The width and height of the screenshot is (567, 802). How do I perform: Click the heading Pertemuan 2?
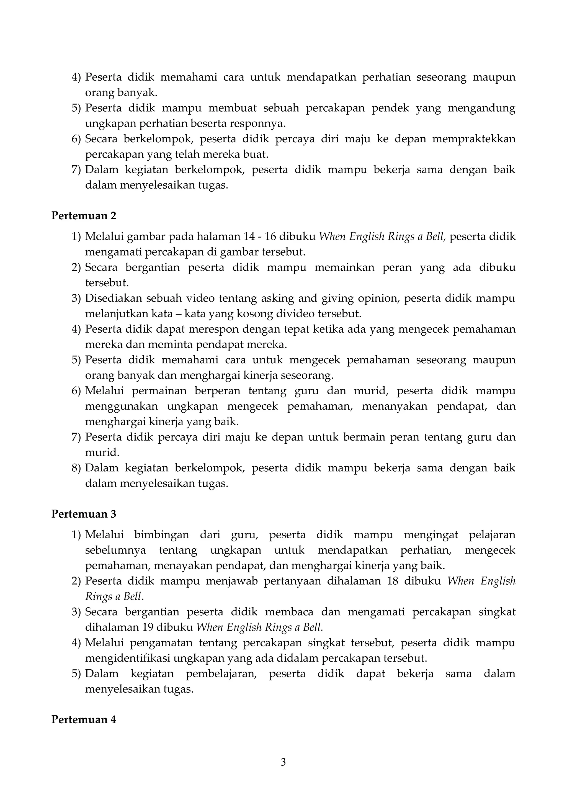point(84,216)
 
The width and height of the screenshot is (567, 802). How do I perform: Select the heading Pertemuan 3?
point(84,514)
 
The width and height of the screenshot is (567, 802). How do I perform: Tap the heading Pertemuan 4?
point(84,719)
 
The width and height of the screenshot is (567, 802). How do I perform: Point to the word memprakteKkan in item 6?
point(473,139)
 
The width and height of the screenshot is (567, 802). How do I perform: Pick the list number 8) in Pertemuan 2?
point(76,468)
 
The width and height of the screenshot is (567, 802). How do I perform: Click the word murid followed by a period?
point(102,453)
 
